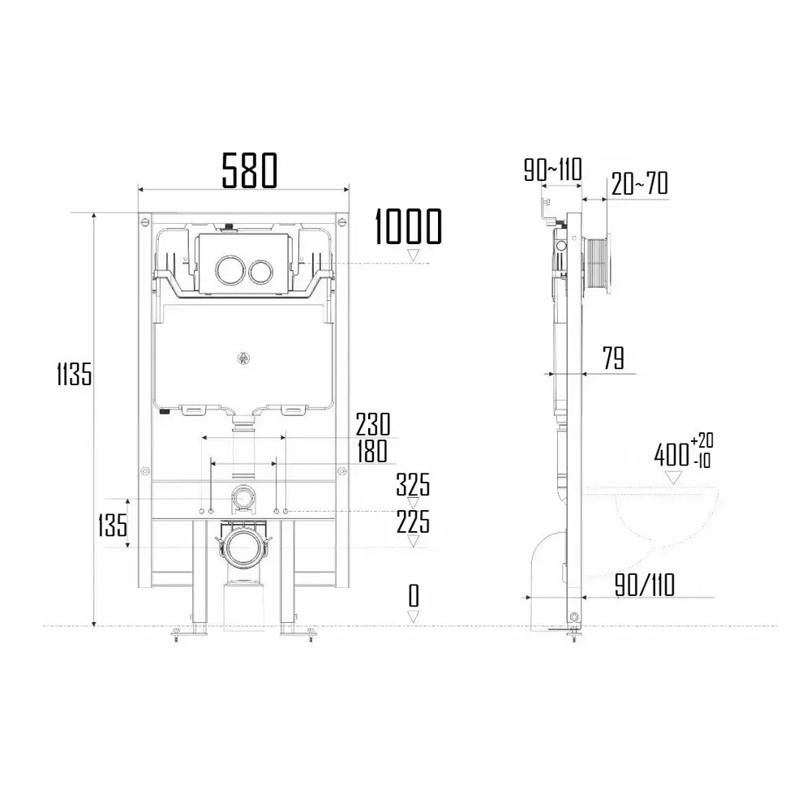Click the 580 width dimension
click(x=250, y=170)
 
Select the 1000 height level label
click(x=408, y=227)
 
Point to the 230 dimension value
click(x=373, y=424)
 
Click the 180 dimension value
click(x=371, y=451)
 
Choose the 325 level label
click(x=413, y=486)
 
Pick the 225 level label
click(x=413, y=522)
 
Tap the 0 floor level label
click(x=414, y=597)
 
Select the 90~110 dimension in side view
click(x=552, y=171)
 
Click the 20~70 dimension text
click(x=640, y=184)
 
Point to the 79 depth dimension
click(x=613, y=358)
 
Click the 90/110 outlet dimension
click(x=644, y=585)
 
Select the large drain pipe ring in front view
click(x=242, y=550)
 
